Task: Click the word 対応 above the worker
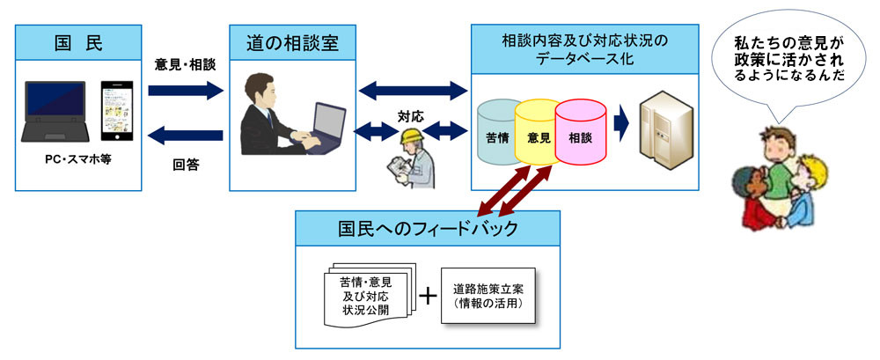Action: pyautogui.click(x=410, y=115)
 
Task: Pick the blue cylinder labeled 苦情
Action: pyautogui.click(x=498, y=134)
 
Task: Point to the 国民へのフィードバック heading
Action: pyautogui.click(x=428, y=229)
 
